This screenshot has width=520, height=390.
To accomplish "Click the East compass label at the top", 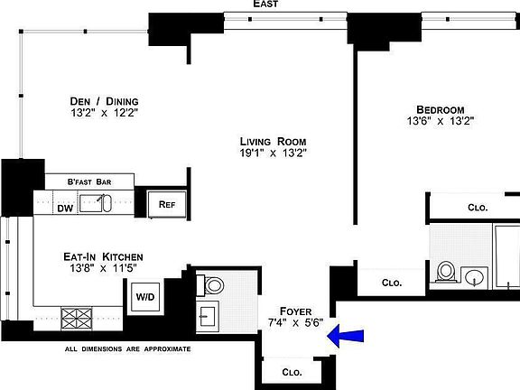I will [x=265, y=5].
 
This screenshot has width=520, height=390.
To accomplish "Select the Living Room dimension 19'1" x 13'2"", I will [x=273, y=153].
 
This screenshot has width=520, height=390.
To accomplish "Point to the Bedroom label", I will [x=441, y=107].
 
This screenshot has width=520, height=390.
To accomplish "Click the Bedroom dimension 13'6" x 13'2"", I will [x=441, y=120].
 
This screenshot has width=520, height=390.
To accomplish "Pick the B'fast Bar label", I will [x=89, y=182].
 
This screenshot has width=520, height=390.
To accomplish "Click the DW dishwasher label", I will [x=65, y=209].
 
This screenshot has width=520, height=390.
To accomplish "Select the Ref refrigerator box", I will [x=167, y=205].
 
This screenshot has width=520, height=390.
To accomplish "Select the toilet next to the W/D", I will [x=214, y=285].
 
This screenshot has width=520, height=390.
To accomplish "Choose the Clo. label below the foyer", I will [x=292, y=371].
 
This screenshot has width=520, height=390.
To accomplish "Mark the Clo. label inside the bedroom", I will [x=477, y=207].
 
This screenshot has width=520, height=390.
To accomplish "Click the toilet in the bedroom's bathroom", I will [x=445, y=271].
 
